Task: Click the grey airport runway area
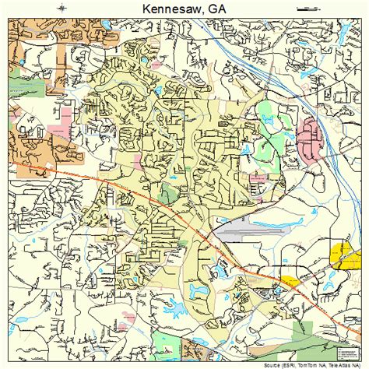coord(233,229)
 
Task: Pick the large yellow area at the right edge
coord(343,252)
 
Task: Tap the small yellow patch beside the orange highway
coord(289,281)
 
